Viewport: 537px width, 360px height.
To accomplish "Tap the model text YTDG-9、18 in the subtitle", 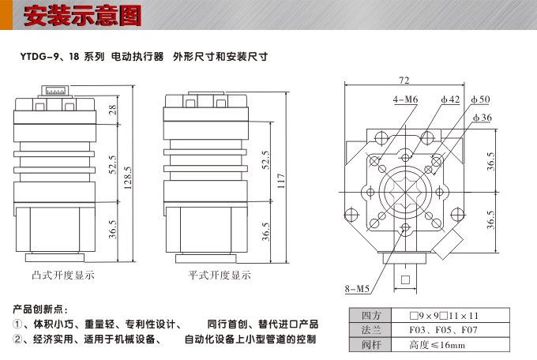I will coord(48,58).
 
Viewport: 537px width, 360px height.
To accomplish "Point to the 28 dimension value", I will coord(112,110).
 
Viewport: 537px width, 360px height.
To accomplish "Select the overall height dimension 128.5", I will coord(128,181).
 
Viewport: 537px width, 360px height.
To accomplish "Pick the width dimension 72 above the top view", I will coord(404,81).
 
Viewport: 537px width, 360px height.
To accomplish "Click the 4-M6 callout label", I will coord(405,100).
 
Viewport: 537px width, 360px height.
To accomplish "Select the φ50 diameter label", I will coord(479,100).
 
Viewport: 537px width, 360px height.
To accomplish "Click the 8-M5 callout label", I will coord(357,287).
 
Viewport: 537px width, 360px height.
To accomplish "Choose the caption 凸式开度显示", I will coord(63,276).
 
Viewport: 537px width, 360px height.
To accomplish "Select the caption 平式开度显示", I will coord(219,276).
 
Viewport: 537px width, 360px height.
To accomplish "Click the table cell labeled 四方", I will coord(370,316).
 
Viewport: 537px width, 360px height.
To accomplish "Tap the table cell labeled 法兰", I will coord(370,330).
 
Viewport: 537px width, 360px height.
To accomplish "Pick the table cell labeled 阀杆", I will coord(370,345).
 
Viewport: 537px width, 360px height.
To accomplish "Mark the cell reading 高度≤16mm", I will coord(437,345).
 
